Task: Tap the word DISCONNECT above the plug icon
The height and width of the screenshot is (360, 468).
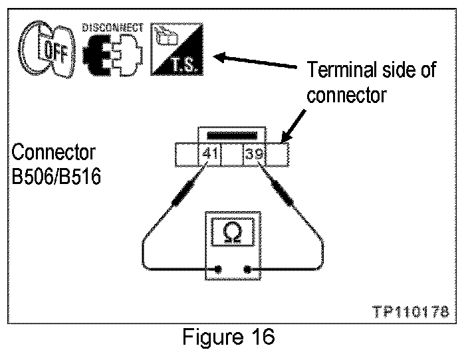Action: tap(112, 28)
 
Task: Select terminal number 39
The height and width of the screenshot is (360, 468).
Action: tap(254, 155)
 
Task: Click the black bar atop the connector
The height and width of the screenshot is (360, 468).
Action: tap(232, 136)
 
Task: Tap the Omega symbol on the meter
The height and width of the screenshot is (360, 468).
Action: tap(233, 233)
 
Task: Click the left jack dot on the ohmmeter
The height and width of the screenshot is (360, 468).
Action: tap(219, 270)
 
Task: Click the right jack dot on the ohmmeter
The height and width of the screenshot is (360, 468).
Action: tap(248, 270)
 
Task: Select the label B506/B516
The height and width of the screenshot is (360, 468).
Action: tap(57, 178)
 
